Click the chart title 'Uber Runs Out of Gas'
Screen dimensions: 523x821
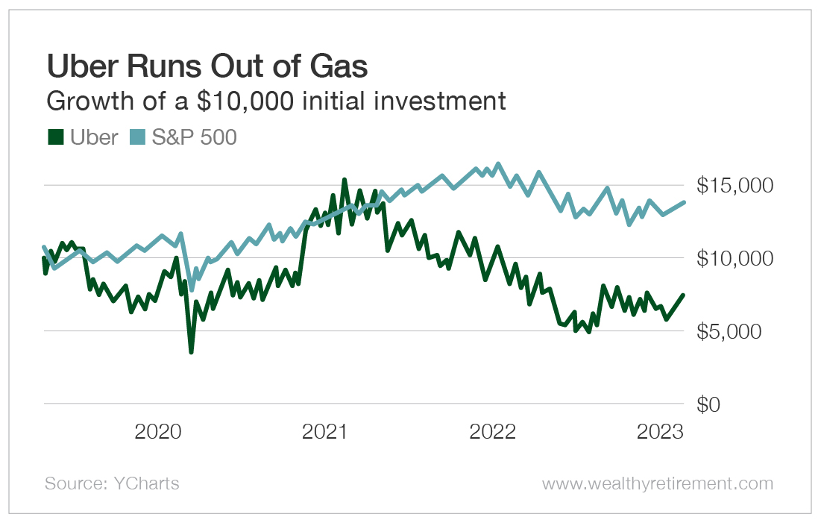point(207,67)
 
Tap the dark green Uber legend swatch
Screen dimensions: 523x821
point(54,137)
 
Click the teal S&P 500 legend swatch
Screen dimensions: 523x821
point(136,137)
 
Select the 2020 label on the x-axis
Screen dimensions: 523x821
point(158,432)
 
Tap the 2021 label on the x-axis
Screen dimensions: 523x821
point(326,432)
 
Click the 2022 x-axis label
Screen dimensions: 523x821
point(493,432)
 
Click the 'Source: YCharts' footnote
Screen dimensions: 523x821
point(112,483)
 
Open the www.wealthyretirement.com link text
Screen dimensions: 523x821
point(658,483)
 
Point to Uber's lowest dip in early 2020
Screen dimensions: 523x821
point(191,352)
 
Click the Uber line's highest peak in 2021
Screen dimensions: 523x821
point(344,179)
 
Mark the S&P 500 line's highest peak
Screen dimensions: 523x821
point(498,163)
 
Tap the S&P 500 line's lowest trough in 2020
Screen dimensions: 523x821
point(192,290)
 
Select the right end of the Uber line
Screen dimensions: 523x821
point(684,295)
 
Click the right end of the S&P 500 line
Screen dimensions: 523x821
point(685,202)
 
